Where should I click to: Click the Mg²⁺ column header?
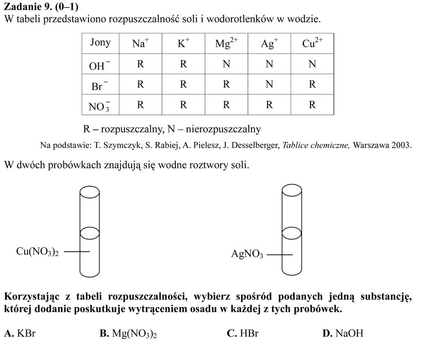226,43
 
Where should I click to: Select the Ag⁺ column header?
269,43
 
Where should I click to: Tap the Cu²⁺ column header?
312,43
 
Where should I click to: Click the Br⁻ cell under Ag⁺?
269,84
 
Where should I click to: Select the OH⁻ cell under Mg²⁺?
226,64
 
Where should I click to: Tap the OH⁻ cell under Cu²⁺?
312,64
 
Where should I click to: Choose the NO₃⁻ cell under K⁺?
183,105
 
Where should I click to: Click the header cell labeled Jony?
100,43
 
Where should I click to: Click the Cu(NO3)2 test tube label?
38,251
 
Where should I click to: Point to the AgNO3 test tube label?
247,254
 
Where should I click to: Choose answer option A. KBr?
20,333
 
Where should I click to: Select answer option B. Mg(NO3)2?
128,334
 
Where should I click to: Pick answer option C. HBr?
242,333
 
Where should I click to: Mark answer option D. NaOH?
343,333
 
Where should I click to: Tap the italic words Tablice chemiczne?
316,145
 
